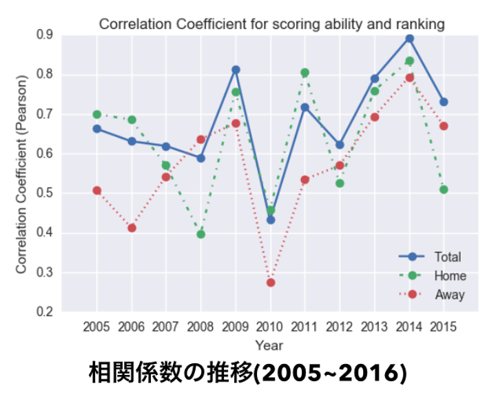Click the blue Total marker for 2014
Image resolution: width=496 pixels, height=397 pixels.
[409, 39]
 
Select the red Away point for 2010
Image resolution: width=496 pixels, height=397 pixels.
[271, 283]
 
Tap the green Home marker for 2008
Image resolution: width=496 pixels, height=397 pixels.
[201, 235]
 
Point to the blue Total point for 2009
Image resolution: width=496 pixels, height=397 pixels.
[236, 70]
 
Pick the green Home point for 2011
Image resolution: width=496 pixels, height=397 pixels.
[305, 73]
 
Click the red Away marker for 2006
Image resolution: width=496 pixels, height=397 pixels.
[132, 228]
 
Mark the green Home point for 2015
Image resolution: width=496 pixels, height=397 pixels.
[444, 190]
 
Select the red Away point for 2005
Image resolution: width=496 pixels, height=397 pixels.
[97, 191]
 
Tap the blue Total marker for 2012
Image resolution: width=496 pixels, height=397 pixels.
[340, 145]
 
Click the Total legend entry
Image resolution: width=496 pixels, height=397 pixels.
[447, 257]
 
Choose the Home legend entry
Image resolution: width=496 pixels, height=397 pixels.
[449, 276]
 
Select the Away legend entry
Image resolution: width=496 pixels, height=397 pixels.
[448, 295]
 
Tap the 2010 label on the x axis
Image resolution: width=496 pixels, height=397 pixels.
[270, 327]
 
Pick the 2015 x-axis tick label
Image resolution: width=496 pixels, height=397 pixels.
[444, 327]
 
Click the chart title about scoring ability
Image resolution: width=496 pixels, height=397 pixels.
[271, 24]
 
